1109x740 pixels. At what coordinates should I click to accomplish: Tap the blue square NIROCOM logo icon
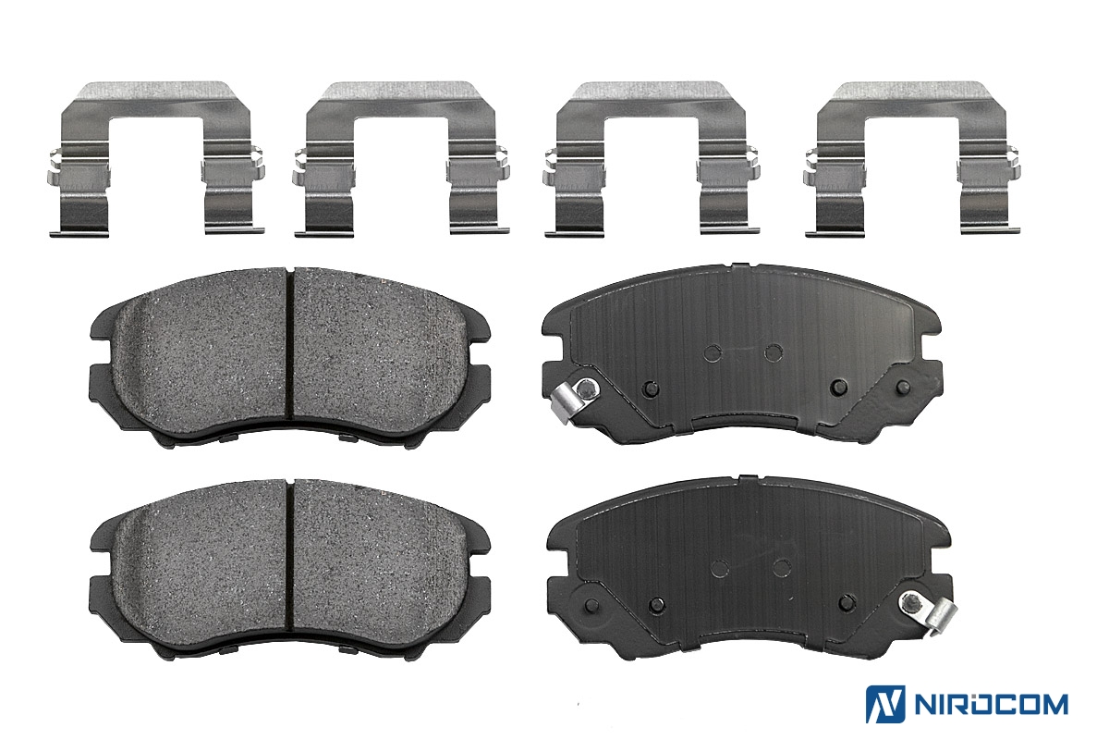click(885, 704)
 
